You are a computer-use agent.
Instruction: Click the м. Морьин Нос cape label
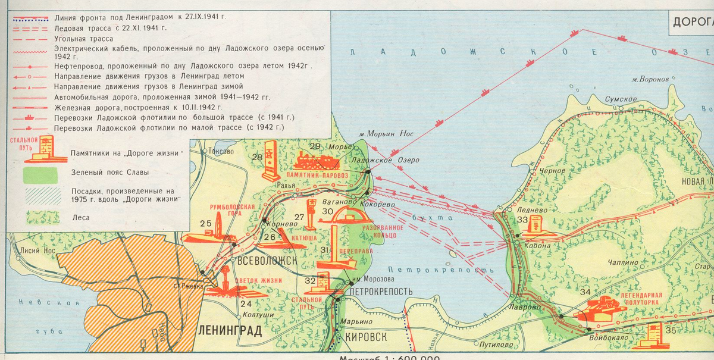coord(390,134)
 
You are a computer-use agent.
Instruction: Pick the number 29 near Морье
coord(315,147)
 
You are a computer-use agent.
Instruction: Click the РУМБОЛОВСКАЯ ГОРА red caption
coord(232,210)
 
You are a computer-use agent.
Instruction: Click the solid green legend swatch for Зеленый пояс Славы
coord(42,174)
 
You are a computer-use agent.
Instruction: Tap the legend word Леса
coord(81,218)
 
